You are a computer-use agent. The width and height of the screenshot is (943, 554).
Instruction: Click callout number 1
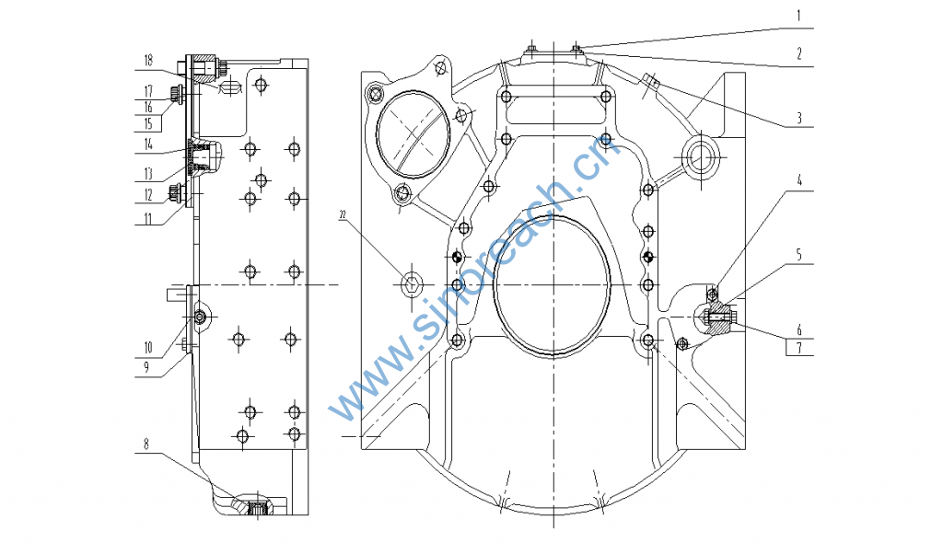pos(798,16)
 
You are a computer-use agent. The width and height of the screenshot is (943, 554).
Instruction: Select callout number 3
pos(799,118)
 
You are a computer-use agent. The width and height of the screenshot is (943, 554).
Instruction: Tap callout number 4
pos(799,179)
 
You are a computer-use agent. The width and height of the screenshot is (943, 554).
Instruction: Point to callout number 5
pos(799,255)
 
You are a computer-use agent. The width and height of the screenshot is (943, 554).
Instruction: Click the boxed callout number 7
pos(799,348)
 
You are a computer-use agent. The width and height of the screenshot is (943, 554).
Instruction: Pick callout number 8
pos(146,444)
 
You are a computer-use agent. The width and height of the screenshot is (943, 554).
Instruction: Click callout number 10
pos(148,347)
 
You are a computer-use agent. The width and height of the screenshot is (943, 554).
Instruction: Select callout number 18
pos(148,60)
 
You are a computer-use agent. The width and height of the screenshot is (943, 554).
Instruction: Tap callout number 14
pos(148,144)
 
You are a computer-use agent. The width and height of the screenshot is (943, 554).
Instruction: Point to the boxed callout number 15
pos(148,124)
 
